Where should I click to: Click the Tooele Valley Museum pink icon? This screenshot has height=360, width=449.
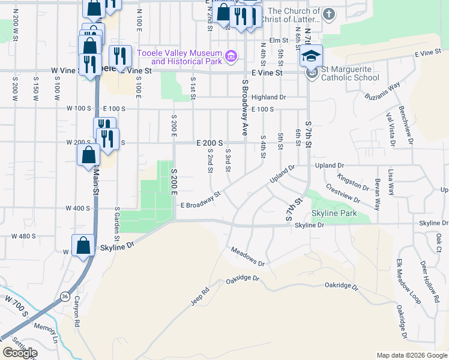231,58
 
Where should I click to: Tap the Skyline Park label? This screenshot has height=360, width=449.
334,213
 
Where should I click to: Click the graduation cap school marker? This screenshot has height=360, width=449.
311,56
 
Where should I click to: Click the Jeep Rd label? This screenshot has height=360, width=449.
200,297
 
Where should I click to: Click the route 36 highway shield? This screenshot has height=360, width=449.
64,297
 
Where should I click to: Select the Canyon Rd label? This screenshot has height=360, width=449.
77,312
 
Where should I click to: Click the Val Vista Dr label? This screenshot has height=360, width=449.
391,130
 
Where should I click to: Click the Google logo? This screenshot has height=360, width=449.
20,353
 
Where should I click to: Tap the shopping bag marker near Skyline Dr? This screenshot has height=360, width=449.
83,245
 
